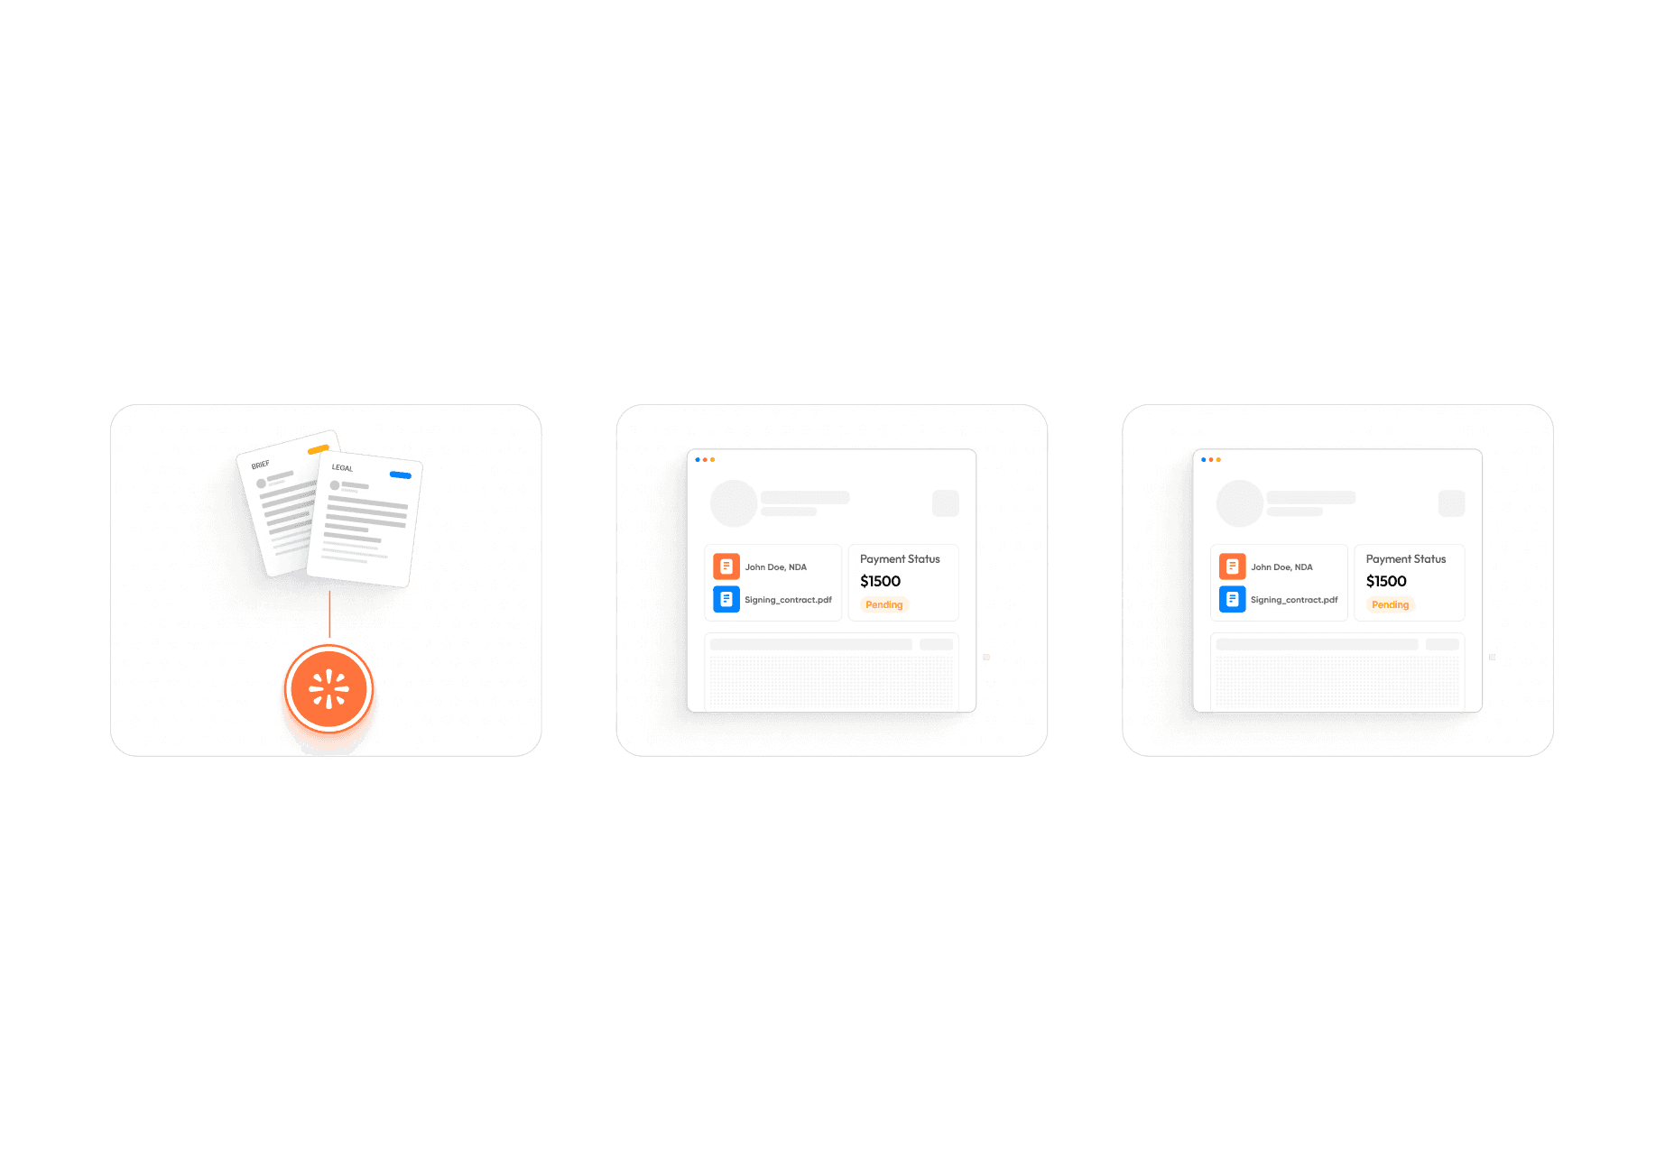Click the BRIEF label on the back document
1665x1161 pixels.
(261, 465)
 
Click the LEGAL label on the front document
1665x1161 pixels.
(342, 467)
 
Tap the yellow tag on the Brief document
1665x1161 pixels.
(318, 449)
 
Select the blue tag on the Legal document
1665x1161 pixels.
(400, 475)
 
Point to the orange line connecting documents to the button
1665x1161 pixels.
(330, 613)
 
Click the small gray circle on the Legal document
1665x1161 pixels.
(335, 485)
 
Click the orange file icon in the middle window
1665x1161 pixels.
(726, 567)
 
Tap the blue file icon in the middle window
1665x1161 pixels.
(726, 599)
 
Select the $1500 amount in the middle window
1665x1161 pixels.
(880, 581)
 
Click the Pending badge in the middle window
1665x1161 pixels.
(884, 604)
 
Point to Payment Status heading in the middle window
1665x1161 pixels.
(900, 559)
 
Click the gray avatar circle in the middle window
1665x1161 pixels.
(734, 503)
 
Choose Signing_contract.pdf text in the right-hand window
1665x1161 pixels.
(1294, 600)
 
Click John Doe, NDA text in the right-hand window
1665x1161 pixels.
(1281, 567)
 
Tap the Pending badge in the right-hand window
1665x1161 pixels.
(1390, 604)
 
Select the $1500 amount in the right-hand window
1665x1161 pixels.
(1386, 581)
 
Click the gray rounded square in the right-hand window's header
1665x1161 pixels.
(1451, 503)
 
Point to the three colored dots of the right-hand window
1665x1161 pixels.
(1211, 460)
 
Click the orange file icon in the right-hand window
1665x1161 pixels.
(1233, 567)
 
